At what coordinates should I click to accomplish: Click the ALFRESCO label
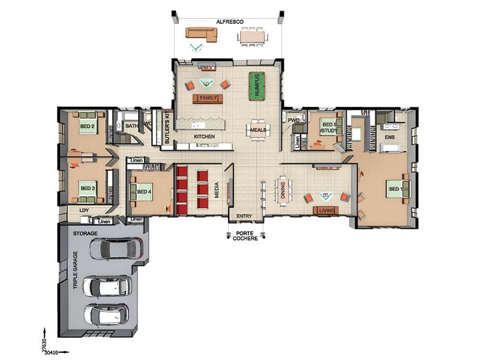point(230,22)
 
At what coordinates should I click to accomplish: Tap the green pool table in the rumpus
point(257,86)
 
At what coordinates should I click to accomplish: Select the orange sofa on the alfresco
point(202,34)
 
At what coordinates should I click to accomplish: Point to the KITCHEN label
point(204,137)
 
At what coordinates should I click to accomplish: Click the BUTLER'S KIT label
point(167,127)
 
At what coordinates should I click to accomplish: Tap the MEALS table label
point(258,130)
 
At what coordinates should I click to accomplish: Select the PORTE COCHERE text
point(245,236)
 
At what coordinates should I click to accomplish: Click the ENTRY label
point(244,216)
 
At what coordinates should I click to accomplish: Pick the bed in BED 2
point(88,123)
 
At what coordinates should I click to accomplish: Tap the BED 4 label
point(144,191)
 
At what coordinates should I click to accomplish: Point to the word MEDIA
point(217,190)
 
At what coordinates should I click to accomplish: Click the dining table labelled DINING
point(283,190)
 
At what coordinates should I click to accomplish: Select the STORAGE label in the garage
point(85,233)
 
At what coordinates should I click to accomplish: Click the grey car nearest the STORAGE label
point(116,249)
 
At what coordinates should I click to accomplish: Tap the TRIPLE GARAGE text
point(76,271)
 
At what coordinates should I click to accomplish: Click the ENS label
point(389,137)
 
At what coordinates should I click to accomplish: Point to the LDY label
point(84,211)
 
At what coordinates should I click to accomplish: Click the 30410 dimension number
point(51,353)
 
